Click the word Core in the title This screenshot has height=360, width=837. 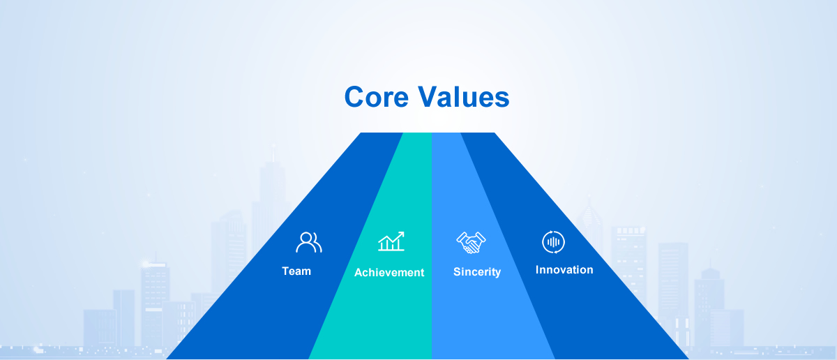(376, 97)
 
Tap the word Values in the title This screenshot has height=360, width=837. (464, 96)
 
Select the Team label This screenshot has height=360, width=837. (296, 271)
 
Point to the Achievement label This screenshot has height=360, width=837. (389, 273)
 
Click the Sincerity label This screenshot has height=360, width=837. (477, 272)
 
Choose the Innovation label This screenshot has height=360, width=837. (564, 270)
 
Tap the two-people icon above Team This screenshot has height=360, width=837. (308, 242)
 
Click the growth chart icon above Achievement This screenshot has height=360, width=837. (391, 241)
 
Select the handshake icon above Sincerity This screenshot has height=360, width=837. (471, 243)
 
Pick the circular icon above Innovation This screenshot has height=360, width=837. (553, 242)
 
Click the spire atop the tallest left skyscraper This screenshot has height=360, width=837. (273, 153)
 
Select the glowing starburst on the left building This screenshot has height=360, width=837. (145, 264)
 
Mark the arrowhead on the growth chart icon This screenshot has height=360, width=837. (401, 234)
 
